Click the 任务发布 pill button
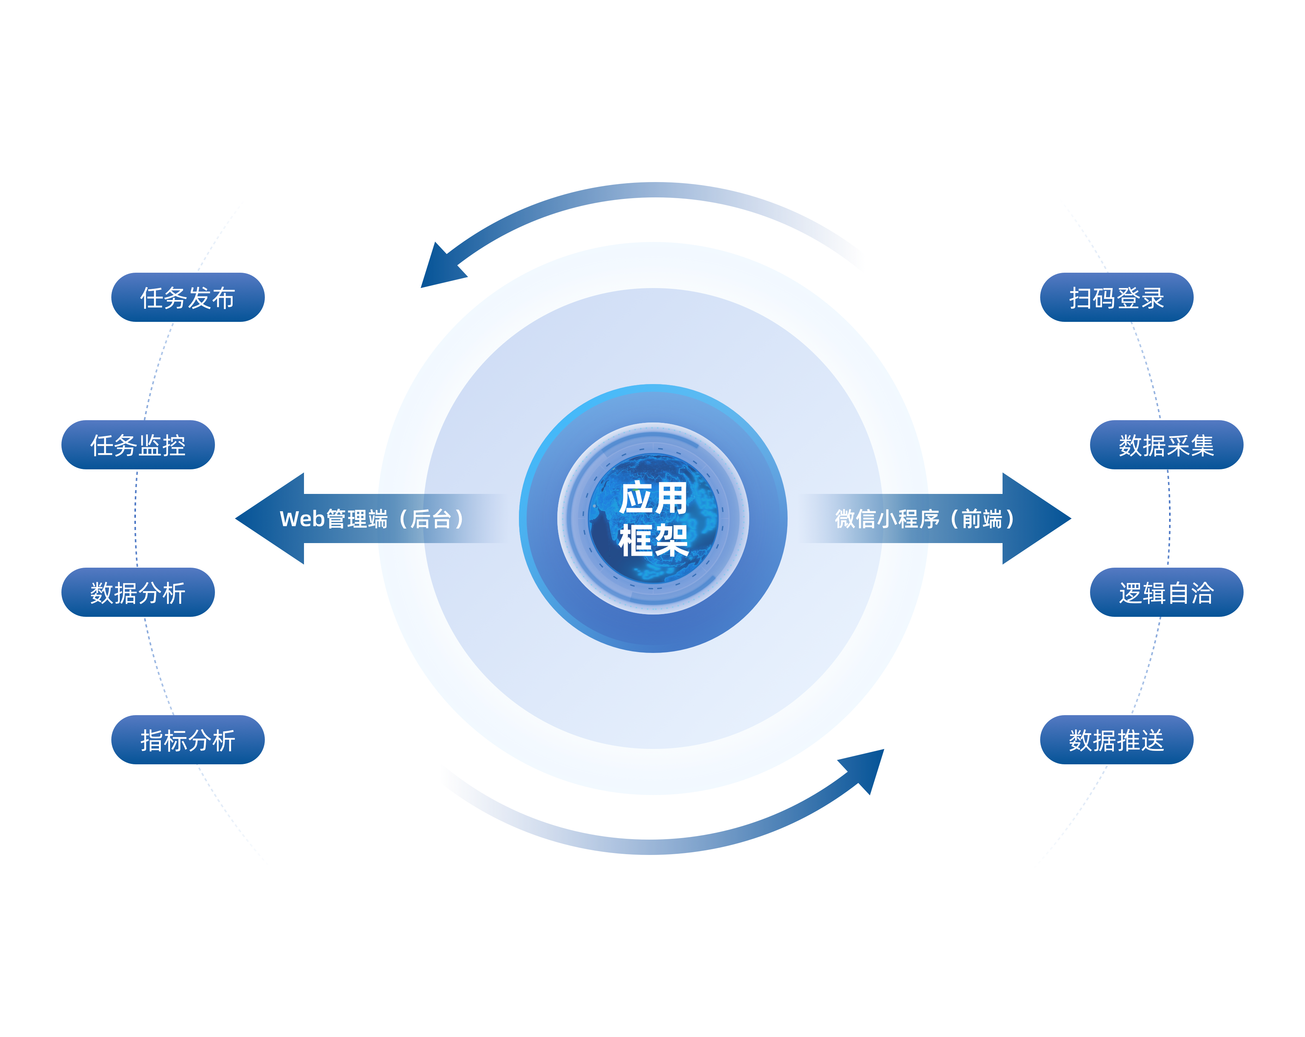tap(188, 297)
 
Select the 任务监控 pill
tap(138, 445)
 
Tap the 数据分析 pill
tap(138, 592)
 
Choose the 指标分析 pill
tap(188, 740)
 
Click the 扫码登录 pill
tap(1116, 297)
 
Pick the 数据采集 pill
tap(1166, 445)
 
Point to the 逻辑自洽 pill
tap(1166, 592)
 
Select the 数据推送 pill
tap(1116, 740)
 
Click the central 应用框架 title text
tap(653, 518)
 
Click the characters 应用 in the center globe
tap(653, 498)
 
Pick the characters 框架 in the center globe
tap(653, 540)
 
